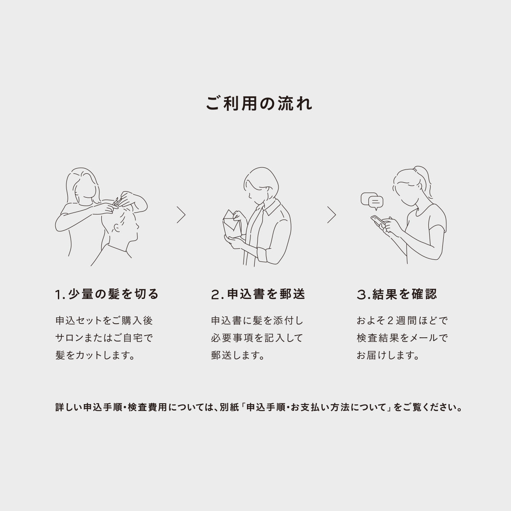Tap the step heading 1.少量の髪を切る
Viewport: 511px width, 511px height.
(x=107, y=294)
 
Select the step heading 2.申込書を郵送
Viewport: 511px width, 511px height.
(x=258, y=294)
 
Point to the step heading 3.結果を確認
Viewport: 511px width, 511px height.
(x=397, y=294)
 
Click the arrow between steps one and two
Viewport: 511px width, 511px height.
(x=181, y=215)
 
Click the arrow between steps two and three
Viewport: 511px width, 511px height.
(x=331, y=215)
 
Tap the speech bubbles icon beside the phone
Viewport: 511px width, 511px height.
(x=372, y=201)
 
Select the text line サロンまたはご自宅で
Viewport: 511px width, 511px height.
(x=104, y=338)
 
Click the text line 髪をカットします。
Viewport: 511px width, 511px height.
(x=95, y=356)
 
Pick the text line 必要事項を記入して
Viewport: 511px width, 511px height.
(x=257, y=338)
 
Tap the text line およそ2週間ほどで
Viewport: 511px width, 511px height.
(x=402, y=320)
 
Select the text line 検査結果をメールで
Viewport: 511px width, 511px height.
(x=402, y=338)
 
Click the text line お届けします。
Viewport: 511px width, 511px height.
(x=388, y=356)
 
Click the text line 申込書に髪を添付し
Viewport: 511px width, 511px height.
(x=257, y=320)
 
